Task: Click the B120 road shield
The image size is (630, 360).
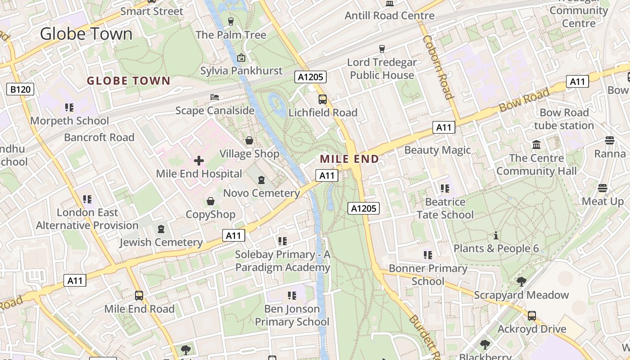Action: tap(21, 90)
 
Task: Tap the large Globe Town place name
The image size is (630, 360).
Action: tap(86, 34)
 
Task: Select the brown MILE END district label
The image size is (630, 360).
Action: tap(349, 159)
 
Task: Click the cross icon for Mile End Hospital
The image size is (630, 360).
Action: tap(199, 161)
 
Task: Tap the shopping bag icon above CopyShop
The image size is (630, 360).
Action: tap(210, 201)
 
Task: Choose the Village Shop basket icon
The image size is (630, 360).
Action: tap(249, 141)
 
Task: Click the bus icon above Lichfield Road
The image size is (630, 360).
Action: tap(323, 99)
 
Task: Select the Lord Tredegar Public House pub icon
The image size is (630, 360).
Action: tap(382, 49)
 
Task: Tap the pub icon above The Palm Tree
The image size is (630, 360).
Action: tap(231, 22)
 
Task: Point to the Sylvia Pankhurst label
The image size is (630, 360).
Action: tap(241, 71)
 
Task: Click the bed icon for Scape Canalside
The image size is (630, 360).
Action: tap(215, 97)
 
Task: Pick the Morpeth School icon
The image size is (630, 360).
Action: tap(69, 108)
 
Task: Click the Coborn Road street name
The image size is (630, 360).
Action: tap(436, 67)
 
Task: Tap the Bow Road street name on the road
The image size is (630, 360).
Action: tap(524, 100)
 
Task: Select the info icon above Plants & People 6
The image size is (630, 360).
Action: tap(496, 235)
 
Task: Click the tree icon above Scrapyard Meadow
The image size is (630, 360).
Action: tap(521, 282)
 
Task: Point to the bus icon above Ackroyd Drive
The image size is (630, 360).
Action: tap(532, 315)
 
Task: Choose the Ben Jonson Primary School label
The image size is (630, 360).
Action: tap(292, 315)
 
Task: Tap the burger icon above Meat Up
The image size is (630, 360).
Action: tap(603, 188)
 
